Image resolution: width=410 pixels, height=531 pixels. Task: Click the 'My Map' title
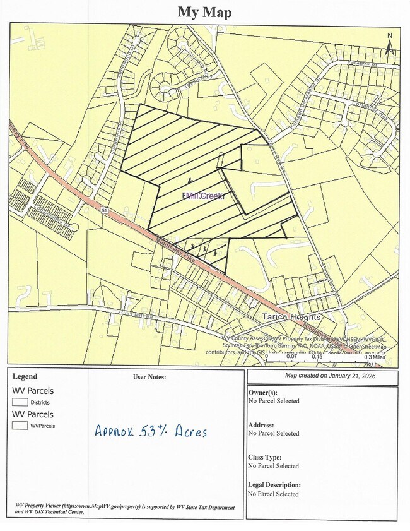[x=204, y=12]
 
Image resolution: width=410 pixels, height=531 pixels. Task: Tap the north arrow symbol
[x=390, y=42]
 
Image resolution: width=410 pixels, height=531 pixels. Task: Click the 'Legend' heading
[x=25, y=377]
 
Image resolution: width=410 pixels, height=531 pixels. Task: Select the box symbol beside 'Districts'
[x=20, y=402]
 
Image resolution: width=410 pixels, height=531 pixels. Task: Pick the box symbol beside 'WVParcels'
[x=20, y=426]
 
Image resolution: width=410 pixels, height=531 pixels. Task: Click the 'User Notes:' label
[x=149, y=377]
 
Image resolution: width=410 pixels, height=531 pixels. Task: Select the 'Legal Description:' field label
[x=274, y=485]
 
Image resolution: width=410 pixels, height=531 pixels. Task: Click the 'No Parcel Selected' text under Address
[x=274, y=433]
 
